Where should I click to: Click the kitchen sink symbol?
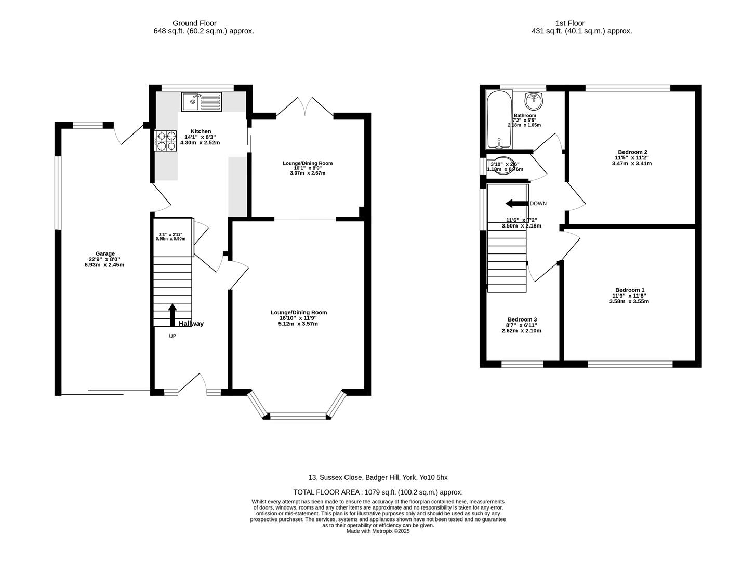tap(201, 101)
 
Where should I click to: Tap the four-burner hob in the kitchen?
tap(166, 140)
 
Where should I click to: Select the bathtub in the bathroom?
tap(499, 119)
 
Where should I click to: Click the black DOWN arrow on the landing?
tap(517, 203)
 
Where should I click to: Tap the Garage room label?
tap(105, 253)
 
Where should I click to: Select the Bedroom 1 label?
tap(629, 290)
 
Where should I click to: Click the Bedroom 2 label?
tap(631, 152)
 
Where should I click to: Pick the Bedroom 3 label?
tap(522, 319)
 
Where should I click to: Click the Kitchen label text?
tap(201, 131)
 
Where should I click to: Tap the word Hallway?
tap(191, 324)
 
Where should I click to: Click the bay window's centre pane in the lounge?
tap(298, 415)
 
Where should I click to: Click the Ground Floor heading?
tap(194, 23)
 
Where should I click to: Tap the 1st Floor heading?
tap(569, 23)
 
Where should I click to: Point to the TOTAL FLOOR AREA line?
tap(378, 492)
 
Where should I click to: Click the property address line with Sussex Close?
tap(378, 477)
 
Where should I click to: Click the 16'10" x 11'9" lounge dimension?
tap(298, 318)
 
